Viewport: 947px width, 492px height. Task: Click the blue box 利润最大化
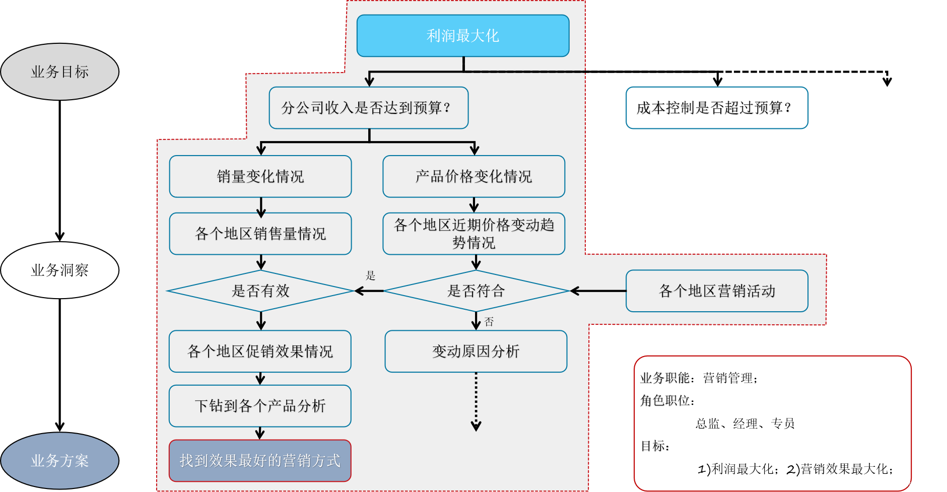(462, 36)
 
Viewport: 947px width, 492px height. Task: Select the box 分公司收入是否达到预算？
(368, 108)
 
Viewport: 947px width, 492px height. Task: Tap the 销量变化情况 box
(260, 176)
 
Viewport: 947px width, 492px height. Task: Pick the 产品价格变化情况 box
(473, 176)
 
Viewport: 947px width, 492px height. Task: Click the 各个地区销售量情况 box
(260, 234)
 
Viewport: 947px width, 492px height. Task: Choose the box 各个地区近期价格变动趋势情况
(473, 234)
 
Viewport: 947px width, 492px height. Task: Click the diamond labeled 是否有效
(260, 291)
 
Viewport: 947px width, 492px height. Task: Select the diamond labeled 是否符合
(476, 291)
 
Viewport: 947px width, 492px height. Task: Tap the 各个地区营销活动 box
(717, 291)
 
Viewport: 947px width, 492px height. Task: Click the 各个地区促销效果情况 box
(260, 352)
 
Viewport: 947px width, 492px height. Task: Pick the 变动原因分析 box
(476, 352)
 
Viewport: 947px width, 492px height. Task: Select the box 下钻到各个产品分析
(260, 406)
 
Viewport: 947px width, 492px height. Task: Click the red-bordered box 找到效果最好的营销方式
(260, 461)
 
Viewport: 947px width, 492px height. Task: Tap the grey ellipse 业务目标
(59, 72)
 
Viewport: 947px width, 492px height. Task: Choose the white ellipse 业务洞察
(59, 270)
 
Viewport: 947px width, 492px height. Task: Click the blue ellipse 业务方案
(59, 461)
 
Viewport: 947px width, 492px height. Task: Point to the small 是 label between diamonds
(371, 275)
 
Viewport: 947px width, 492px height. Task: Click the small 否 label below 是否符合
(489, 322)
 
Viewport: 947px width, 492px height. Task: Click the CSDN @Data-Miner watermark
(903, 484)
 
